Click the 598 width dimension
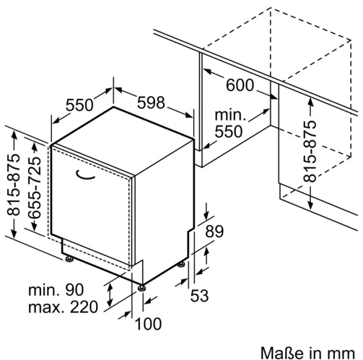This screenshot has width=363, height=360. (x=151, y=102)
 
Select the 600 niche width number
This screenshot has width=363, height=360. (x=240, y=85)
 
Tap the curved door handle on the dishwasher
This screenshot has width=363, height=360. (x=85, y=175)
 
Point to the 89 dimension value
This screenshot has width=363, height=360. (x=214, y=232)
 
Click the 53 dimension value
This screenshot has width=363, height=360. (x=199, y=295)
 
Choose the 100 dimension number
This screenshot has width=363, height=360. (x=148, y=324)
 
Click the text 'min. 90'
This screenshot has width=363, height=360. (x=56, y=290)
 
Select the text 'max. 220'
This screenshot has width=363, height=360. (x=64, y=307)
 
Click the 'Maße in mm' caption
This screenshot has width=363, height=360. (x=307, y=353)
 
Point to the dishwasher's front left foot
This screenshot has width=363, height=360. (x=69, y=259)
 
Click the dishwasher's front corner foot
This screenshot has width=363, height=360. (x=141, y=288)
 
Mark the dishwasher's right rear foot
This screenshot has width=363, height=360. (x=181, y=265)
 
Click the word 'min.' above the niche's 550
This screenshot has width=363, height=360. (x=230, y=115)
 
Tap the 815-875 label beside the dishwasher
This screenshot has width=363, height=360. (x=13, y=185)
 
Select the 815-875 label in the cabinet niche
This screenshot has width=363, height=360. (x=310, y=152)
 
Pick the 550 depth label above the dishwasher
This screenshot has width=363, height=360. (x=79, y=105)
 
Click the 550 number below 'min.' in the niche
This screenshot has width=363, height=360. (x=229, y=132)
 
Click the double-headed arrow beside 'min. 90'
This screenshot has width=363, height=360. (x=110, y=295)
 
